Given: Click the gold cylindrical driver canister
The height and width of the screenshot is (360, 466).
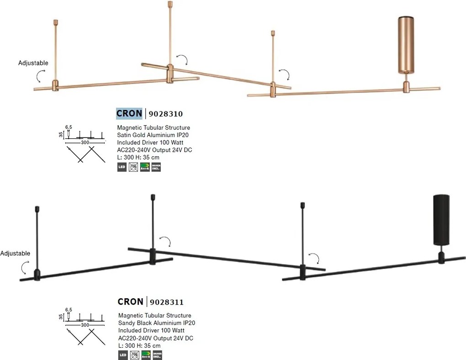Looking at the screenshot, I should (405, 45).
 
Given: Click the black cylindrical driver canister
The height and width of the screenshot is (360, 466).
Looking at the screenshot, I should (441, 220).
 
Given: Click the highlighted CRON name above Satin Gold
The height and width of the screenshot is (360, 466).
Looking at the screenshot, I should (129, 114).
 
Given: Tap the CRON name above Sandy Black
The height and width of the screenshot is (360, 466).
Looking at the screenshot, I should (130, 302).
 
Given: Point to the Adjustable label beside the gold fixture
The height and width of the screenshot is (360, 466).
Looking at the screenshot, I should (33, 63).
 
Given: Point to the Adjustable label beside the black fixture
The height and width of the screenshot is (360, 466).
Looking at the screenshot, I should (15, 253).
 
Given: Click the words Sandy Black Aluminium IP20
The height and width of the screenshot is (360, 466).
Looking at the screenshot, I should (157, 323).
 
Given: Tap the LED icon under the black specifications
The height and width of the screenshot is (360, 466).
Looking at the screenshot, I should (123, 355).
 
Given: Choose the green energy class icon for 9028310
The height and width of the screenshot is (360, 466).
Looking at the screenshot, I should (145, 167).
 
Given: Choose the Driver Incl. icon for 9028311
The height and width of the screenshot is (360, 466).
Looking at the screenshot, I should (157, 355).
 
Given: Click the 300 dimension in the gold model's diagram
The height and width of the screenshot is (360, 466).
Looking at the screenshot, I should (85, 143).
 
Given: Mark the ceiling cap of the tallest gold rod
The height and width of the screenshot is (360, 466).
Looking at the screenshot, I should (170, 4).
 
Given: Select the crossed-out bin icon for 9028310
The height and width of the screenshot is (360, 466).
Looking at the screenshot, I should (133, 167).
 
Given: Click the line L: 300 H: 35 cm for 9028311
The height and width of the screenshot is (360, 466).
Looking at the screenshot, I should (139, 346).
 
